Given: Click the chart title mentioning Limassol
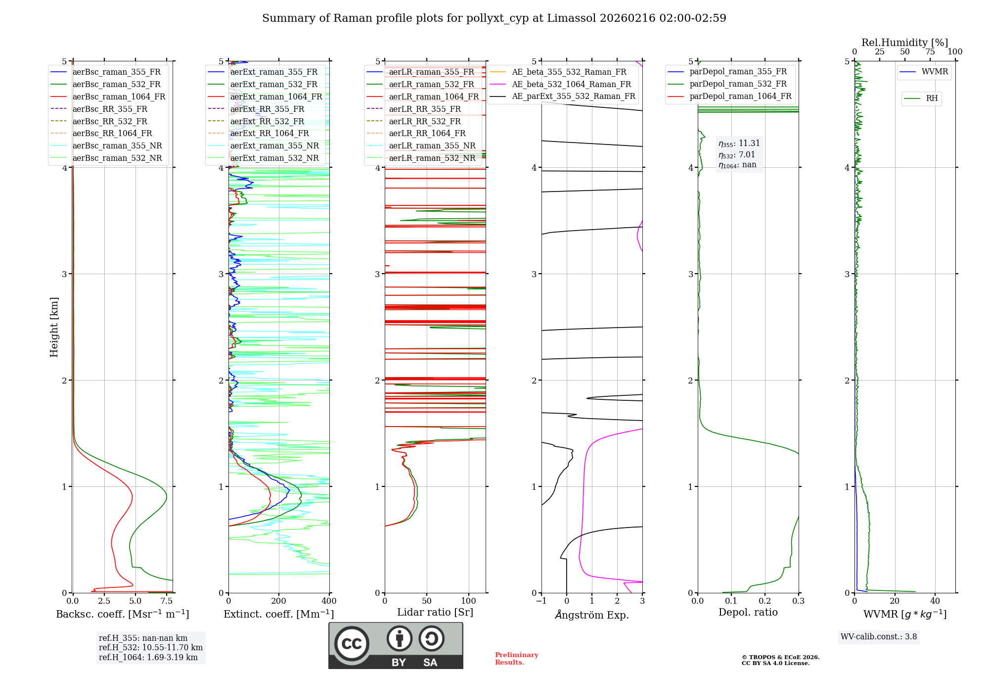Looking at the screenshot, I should [x=494, y=18].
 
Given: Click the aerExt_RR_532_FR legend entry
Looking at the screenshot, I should [x=267, y=122].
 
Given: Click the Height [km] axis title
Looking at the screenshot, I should [x=54, y=327].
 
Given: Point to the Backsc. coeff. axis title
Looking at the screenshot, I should [x=122, y=614].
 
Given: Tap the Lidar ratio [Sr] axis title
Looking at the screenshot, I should [x=435, y=613].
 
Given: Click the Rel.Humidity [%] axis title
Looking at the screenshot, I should [x=904, y=43].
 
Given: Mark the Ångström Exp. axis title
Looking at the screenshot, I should [x=591, y=615].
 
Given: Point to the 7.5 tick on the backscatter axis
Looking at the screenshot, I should [x=167, y=601].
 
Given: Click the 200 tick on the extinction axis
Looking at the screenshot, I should [x=279, y=601].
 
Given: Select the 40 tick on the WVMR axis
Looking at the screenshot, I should [x=935, y=601].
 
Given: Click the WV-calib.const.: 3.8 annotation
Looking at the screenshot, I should [x=878, y=637].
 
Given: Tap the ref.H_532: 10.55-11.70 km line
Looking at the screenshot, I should [x=150, y=648].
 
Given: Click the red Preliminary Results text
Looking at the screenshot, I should [x=516, y=659].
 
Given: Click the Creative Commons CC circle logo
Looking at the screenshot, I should [x=352, y=644].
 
